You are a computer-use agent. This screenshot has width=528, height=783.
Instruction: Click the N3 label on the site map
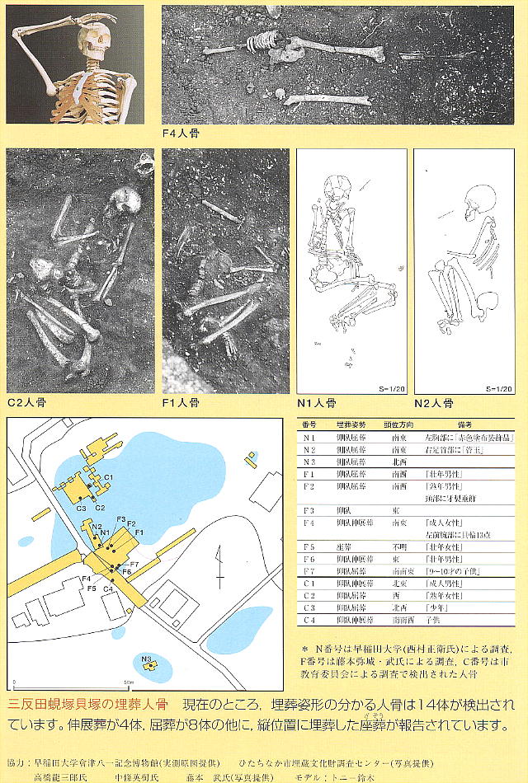146,659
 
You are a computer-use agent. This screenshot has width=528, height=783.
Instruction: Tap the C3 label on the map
81,509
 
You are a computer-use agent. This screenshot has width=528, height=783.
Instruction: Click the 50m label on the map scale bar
130,683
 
